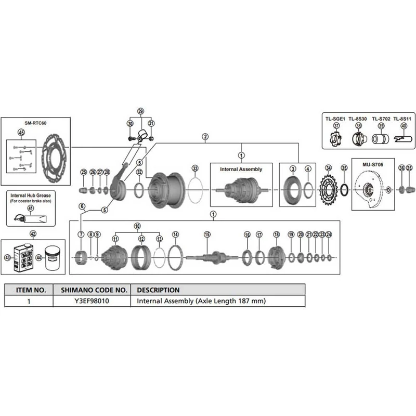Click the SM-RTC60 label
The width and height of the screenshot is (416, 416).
35,123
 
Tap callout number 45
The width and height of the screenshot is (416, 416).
21,132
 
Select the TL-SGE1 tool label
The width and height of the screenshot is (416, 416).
335,119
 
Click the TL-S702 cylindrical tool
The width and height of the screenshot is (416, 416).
380,139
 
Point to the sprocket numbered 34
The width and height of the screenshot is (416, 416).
329,189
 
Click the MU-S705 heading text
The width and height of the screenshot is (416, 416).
373,164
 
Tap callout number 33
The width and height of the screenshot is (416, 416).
196,168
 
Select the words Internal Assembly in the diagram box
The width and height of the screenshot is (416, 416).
241,170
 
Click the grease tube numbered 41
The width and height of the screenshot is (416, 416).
30,218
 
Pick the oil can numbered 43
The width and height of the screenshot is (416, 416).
23,257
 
